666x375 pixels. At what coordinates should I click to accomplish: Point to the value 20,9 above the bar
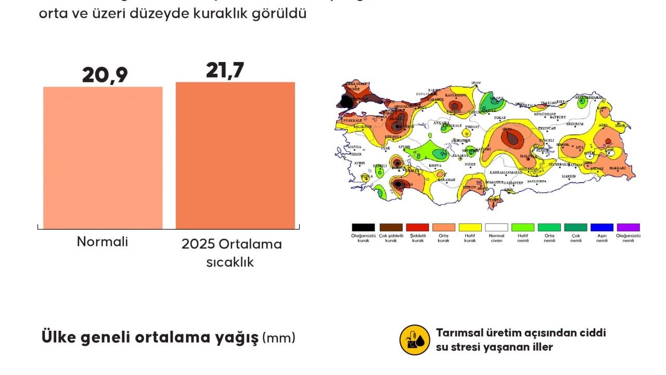105,75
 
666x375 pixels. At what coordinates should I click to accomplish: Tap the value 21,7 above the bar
225,70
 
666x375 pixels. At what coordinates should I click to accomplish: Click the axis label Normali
103,242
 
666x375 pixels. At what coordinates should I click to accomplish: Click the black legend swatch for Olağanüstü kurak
363,228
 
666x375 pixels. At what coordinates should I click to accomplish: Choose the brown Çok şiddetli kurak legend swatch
391,228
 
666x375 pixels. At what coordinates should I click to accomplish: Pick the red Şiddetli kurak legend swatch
417,228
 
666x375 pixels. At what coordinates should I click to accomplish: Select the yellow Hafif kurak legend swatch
470,228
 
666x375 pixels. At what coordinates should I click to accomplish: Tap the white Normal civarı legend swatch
496,228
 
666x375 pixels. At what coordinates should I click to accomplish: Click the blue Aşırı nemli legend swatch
602,228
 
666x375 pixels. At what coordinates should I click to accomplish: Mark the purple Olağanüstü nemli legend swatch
629,228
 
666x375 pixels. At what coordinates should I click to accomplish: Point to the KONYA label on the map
435,166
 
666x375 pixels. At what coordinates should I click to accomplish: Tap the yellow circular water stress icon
414,340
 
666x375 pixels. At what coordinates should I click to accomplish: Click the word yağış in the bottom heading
237,337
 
